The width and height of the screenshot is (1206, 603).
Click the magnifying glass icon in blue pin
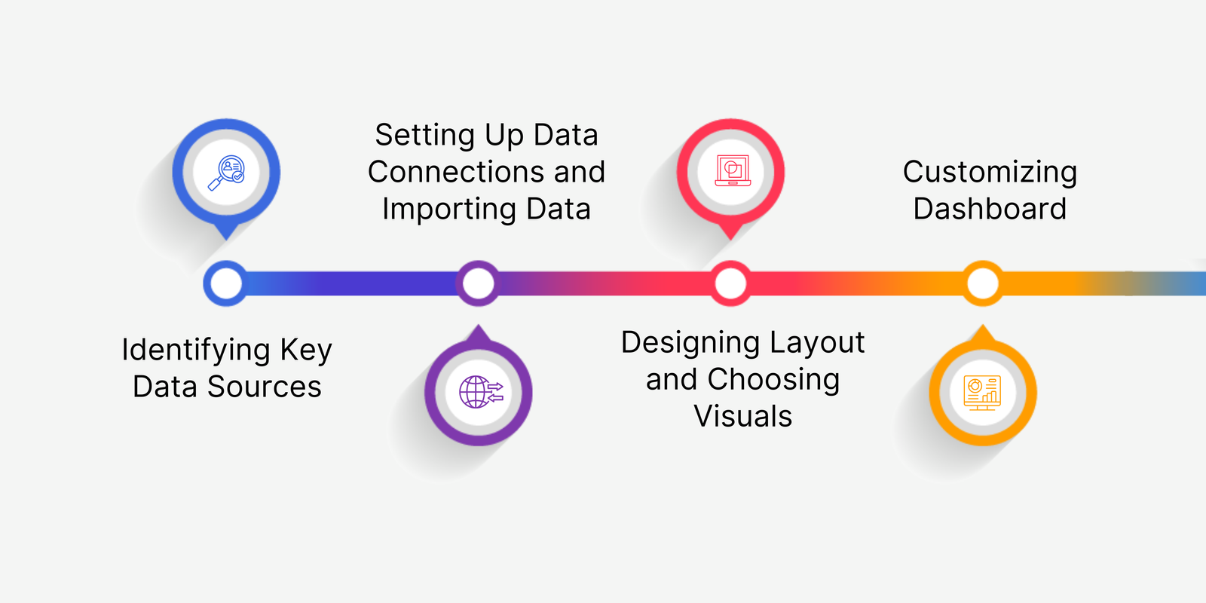(x=226, y=173)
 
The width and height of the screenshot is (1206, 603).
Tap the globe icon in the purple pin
(x=481, y=392)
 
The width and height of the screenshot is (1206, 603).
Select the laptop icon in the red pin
(x=732, y=170)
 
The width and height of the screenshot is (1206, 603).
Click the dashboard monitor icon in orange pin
(x=983, y=393)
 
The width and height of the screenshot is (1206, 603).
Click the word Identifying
(x=196, y=350)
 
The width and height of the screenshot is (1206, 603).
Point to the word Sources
(x=265, y=387)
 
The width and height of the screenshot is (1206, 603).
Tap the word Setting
(x=425, y=135)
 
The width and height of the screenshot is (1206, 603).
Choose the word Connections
(x=456, y=172)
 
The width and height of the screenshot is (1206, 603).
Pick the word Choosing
(x=773, y=380)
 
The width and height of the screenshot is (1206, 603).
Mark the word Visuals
(x=743, y=416)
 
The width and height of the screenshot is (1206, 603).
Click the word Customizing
(x=990, y=173)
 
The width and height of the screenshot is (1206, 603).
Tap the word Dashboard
(x=990, y=209)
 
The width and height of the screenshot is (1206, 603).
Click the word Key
(x=306, y=350)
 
